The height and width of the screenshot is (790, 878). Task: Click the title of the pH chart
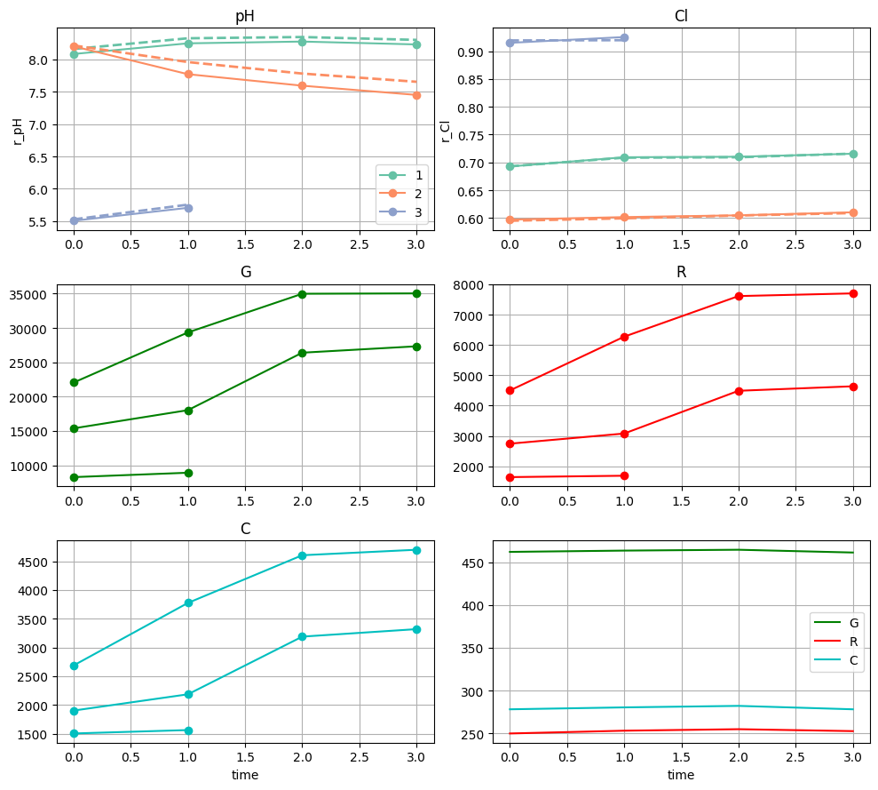245,16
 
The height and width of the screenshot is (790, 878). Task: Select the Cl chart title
681,16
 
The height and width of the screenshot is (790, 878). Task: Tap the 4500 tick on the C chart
36,563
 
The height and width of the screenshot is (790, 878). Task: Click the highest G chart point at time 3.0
416,293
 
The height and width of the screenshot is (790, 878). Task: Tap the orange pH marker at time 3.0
416,95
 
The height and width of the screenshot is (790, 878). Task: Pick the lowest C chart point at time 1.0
188,730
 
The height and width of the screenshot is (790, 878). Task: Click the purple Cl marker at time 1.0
624,37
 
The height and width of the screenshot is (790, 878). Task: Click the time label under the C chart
245,775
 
